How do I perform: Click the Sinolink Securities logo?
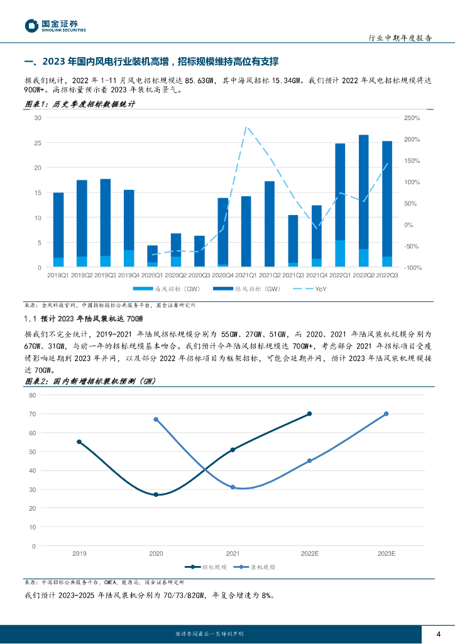tap(55, 26)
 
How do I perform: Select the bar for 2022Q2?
tap(363, 201)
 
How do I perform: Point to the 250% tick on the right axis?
tap(412, 118)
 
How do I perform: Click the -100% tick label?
tap(412, 268)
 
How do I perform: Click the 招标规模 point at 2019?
tap(79, 442)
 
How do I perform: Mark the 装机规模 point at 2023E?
tap(386, 414)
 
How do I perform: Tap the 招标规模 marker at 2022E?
tap(309, 414)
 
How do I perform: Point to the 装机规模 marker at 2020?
tap(156, 419)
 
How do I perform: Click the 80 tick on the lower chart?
tap(32, 395)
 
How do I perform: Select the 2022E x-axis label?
tap(309, 553)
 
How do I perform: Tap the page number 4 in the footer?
tap(438, 633)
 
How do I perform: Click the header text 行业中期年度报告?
tap(400, 38)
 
